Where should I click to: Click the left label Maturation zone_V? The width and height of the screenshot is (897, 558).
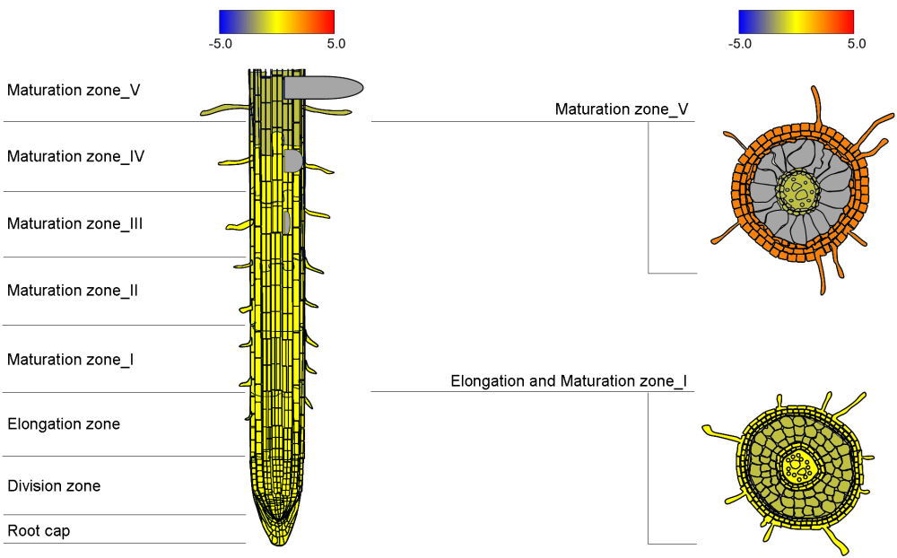74,90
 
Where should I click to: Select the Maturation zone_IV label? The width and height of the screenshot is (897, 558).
76,156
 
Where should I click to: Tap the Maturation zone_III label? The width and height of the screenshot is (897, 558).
75,223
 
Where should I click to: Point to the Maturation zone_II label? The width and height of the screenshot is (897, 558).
73,291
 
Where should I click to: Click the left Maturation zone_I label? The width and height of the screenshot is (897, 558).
71,360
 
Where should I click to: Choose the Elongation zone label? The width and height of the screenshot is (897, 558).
64,423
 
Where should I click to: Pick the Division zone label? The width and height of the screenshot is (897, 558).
54,486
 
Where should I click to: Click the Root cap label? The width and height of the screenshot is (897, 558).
39,531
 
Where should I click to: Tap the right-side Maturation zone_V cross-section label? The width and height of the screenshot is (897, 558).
622,109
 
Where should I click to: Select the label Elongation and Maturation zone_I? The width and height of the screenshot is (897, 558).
569,381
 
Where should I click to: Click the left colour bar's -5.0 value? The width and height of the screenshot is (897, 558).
220,43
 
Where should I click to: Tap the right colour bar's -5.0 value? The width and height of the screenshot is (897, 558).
739,43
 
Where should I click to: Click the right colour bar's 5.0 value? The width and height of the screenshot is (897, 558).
856,43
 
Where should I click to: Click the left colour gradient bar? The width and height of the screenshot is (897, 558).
276,22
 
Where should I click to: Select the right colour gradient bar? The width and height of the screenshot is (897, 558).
796,22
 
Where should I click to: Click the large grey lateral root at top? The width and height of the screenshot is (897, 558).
323,87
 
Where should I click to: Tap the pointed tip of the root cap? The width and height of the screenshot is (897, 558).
277,542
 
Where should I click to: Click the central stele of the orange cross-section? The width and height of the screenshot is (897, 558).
798,190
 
